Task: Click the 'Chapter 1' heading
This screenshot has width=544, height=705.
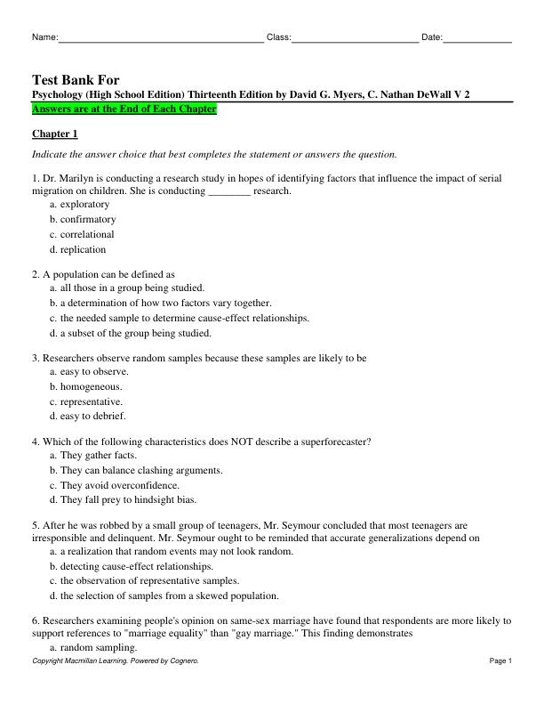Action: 55,134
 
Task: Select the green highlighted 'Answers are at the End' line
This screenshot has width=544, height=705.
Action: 124,109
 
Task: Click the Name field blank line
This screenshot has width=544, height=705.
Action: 161,38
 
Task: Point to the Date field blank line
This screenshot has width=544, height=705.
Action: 477,38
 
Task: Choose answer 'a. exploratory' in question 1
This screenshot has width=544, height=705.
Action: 80,204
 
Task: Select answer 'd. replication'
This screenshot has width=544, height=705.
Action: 77,249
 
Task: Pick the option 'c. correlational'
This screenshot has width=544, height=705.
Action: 82,234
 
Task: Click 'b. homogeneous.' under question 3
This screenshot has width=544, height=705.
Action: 86,386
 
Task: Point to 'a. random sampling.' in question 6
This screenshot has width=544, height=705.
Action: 92,647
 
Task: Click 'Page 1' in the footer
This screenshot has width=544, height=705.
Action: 500,661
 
